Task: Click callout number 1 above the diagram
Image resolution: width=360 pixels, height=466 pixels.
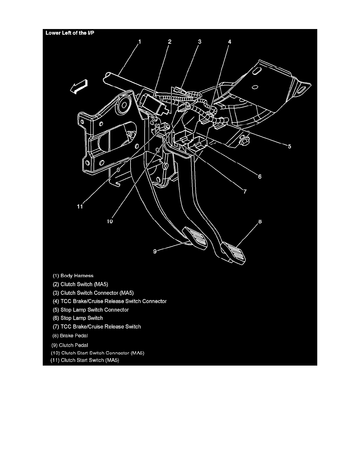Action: point(140,41)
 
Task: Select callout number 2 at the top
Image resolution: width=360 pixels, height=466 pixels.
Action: point(169,41)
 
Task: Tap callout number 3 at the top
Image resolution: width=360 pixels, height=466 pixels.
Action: point(199,41)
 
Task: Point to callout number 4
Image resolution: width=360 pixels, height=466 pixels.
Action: point(229,41)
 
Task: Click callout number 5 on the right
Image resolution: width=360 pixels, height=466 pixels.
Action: point(289,147)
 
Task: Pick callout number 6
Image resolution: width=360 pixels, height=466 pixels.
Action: point(259,177)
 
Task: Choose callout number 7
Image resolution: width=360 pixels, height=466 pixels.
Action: point(244,192)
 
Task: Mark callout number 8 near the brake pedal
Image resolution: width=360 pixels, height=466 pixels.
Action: point(259,222)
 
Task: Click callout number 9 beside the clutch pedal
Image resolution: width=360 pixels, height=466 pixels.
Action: point(155,252)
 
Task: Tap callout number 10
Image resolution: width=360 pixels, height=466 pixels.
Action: point(110,222)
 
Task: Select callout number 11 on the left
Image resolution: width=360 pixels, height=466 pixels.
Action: point(80,207)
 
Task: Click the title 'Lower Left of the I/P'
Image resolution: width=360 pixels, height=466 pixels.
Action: point(70,33)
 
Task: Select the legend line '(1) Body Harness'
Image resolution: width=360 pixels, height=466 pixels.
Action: point(73,276)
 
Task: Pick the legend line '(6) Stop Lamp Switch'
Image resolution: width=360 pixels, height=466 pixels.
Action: point(78,318)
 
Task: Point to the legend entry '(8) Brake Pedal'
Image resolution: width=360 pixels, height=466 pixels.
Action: point(71,335)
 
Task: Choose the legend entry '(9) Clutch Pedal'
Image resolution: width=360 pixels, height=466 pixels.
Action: point(70,345)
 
